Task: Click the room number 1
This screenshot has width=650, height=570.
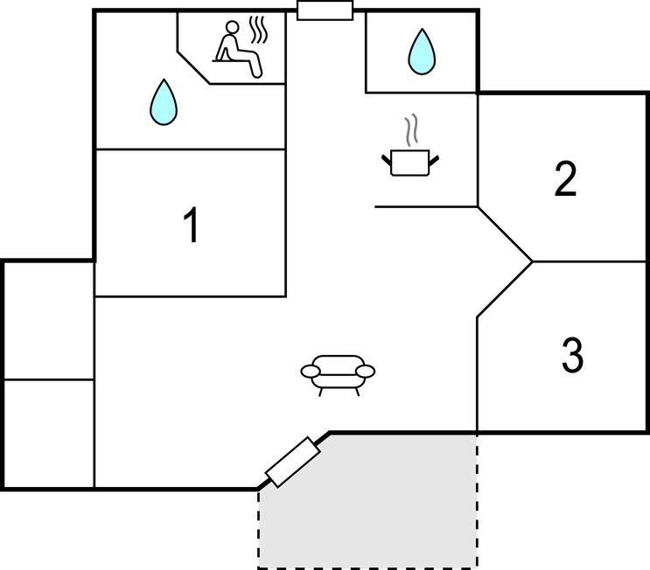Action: point(191,224)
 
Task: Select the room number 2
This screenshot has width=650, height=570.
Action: point(565,178)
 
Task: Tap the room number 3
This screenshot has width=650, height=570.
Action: point(572,355)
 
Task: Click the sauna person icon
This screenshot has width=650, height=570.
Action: point(239,49)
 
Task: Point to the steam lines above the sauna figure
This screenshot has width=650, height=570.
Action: point(258,30)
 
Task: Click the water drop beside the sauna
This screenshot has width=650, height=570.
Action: point(164,102)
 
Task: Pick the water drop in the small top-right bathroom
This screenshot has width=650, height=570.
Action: point(422,52)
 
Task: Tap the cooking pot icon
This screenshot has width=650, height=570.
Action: point(410,163)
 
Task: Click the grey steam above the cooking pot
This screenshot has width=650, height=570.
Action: point(411,129)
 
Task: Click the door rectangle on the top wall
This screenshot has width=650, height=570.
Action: point(325,10)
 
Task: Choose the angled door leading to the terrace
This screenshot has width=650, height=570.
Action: point(293,462)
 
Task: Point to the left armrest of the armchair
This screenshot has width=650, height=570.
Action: point(311,372)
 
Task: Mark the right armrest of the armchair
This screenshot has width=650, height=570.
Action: point(365,372)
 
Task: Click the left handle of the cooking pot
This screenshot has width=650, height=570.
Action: point(387,160)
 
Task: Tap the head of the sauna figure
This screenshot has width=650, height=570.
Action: point(232,27)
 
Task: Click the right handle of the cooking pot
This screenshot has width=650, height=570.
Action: point(434,160)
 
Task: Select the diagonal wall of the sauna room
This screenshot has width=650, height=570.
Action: point(193,67)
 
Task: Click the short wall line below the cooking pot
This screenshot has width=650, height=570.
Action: point(426,206)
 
